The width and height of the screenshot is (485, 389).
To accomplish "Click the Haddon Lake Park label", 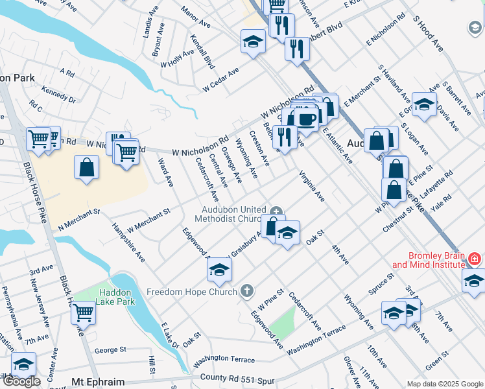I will coord(114,296).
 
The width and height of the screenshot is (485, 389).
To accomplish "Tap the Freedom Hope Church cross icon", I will coord(246,291).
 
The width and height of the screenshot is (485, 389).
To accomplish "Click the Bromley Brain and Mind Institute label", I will coord(427,260).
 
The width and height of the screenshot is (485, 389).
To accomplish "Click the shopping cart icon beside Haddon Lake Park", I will coord(84,312).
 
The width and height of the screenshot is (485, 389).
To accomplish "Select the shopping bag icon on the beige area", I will coord(86,167).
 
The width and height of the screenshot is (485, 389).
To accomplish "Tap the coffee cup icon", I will coord(307,118).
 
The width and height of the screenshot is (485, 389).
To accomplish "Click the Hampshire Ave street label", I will coord(128,241).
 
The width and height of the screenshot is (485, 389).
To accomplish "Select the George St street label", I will coord(110,349).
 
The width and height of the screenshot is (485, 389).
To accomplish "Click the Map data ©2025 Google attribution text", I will coord(445,384).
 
